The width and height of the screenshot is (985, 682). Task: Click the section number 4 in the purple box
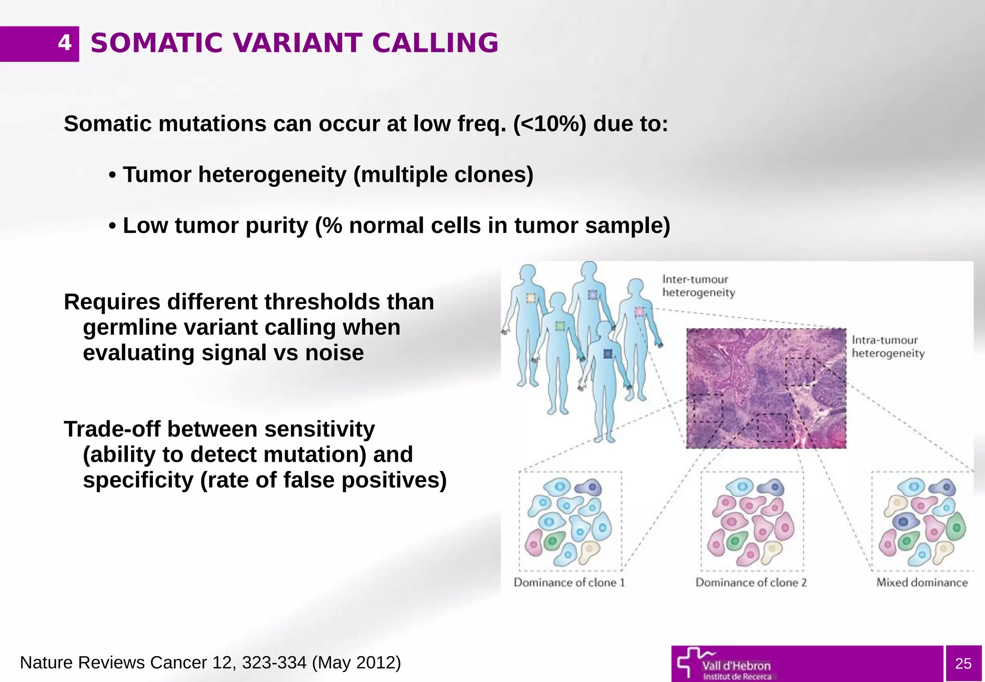click(x=64, y=43)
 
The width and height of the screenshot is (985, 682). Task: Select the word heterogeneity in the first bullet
click(x=272, y=175)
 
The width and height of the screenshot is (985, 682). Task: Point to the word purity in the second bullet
click(x=277, y=226)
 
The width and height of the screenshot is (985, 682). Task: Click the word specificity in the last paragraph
click(x=138, y=480)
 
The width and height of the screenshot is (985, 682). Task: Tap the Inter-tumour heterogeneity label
click(x=698, y=286)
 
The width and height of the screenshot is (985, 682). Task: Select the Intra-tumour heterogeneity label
click(x=888, y=347)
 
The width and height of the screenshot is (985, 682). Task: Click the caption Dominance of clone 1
click(x=569, y=582)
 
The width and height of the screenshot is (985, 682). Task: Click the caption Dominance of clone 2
click(x=751, y=582)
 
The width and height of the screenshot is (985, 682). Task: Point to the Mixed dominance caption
click(x=922, y=582)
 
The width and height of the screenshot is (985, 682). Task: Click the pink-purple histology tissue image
click(x=766, y=388)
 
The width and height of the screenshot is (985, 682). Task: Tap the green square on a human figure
click(x=560, y=326)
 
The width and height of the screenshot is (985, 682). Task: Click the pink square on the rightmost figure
click(x=639, y=312)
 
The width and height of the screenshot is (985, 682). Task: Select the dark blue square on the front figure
click(x=607, y=354)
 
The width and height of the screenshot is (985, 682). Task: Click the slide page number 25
click(x=963, y=663)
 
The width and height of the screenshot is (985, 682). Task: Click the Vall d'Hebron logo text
click(x=736, y=666)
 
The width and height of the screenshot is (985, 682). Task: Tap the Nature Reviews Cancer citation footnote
click(x=210, y=663)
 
